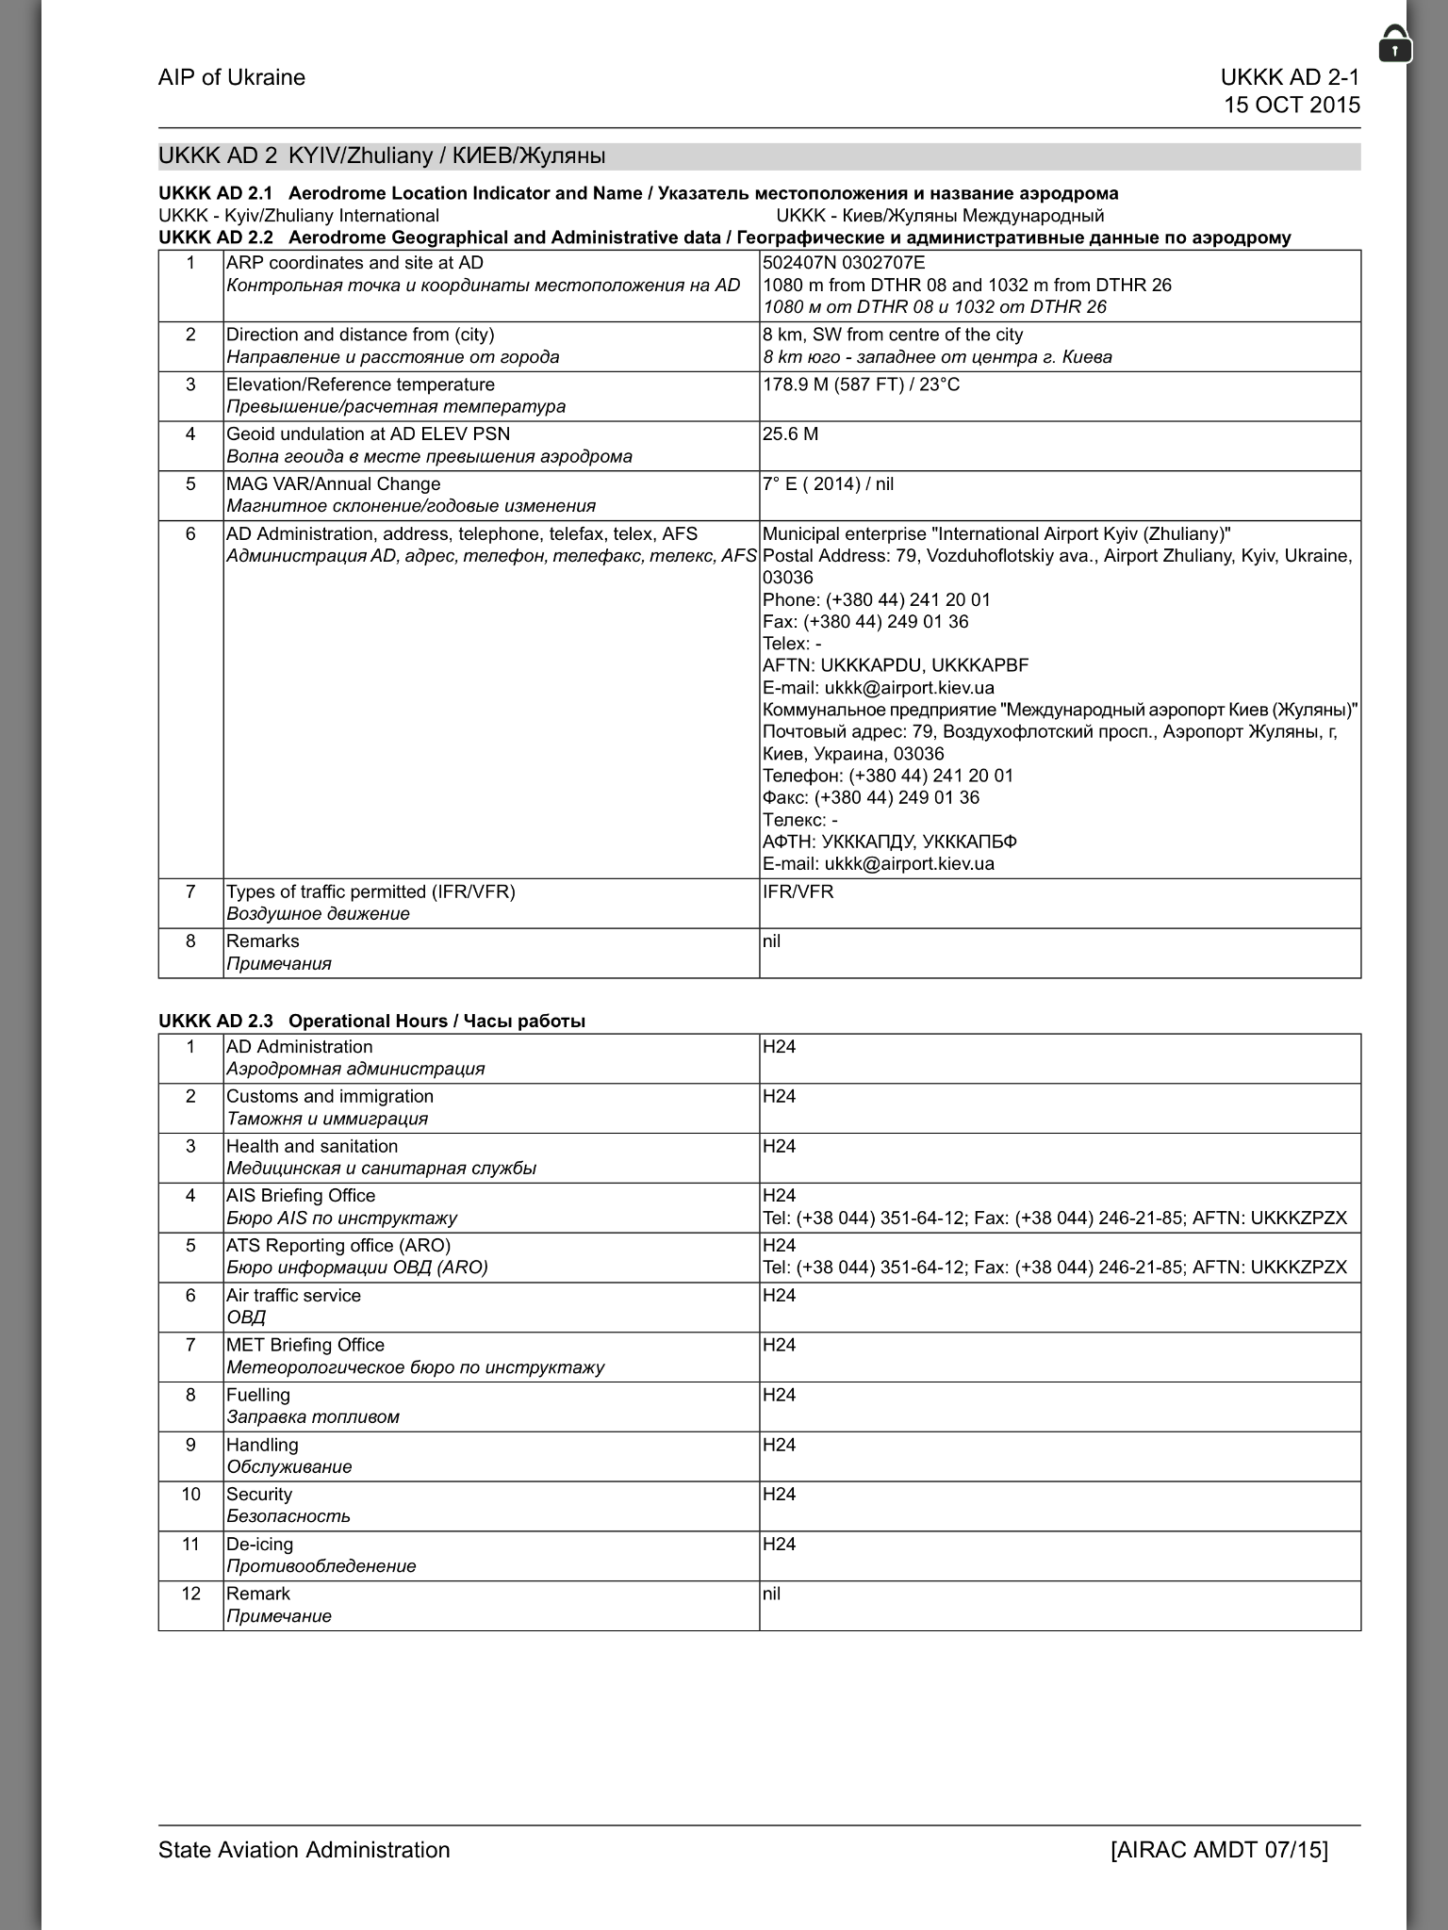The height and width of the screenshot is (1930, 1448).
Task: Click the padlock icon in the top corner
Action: (x=1394, y=44)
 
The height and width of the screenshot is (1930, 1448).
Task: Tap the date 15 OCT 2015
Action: (x=1292, y=105)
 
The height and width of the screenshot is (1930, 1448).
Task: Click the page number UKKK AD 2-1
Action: (x=1290, y=77)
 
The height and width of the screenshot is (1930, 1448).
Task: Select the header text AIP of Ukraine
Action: (x=232, y=77)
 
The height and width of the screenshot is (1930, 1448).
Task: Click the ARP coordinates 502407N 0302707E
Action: (x=844, y=263)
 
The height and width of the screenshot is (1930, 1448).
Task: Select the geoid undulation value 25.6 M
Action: (x=790, y=434)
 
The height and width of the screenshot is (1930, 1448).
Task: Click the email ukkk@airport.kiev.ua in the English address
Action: (x=878, y=688)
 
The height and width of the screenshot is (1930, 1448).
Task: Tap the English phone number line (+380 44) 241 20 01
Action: (x=876, y=600)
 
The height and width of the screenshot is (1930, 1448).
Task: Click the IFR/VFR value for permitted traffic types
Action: (x=798, y=891)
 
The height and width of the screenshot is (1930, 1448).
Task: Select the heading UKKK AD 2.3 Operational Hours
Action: (x=371, y=1021)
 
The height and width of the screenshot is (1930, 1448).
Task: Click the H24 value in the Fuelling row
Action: (x=779, y=1395)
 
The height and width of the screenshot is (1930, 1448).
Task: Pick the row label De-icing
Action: (x=259, y=1544)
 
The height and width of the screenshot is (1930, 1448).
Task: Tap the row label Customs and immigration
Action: (x=329, y=1096)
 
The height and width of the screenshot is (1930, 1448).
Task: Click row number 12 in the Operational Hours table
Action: (x=190, y=1594)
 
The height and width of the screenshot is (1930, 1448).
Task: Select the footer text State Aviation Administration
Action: (x=304, y=1850)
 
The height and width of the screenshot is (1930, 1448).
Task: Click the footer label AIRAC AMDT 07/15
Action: (x=1219, y=1850)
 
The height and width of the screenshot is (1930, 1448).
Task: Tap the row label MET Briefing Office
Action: (x=304, y=1345)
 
